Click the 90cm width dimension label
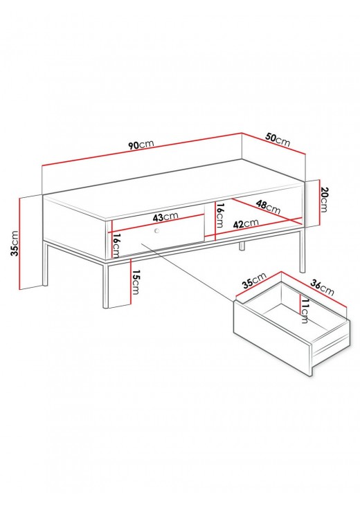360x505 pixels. [141, 145]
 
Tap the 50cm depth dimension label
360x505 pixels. [278, 140]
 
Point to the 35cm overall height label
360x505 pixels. [15, 243]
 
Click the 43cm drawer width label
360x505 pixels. [165, 217]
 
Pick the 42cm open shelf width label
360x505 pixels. [246, 223]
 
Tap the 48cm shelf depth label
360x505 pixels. [268, 207]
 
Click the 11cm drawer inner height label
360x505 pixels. [304, 310]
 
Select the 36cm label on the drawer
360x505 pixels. [322, 287]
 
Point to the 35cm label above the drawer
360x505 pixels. [255, 279]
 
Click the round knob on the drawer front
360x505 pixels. [157, 230]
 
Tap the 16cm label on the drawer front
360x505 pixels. [116, 246]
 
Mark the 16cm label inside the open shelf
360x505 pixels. [219, 215]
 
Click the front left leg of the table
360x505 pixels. [106, 284]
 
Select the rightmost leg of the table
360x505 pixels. [302, 250]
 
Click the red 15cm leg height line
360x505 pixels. [131, 281]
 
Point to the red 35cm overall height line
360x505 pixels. [20, 244]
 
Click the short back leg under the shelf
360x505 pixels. [242, 246]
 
